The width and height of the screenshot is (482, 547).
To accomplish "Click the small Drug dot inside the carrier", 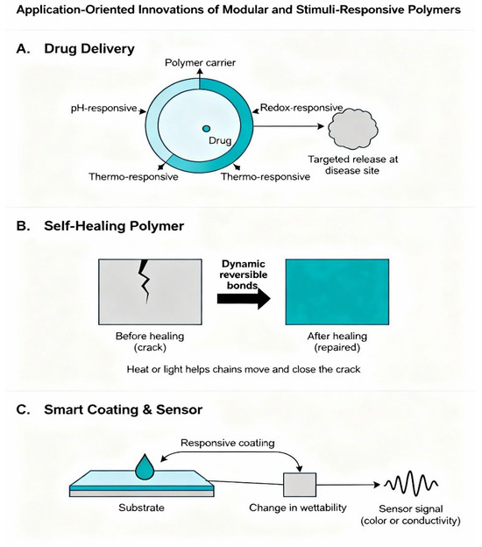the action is click(206, 129).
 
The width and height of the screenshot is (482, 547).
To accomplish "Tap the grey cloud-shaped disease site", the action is click(353, 129).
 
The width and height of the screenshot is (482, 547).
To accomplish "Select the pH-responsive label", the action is click(104, 109).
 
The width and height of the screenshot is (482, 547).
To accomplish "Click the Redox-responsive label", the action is click(301, 108).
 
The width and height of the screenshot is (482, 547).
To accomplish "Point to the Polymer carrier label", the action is click(200, 63).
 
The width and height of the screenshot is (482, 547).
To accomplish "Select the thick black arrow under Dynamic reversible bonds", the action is click(244, 299).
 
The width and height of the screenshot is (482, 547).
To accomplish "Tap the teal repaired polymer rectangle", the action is click(337, 292).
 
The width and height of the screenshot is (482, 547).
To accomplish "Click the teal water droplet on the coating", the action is click(145, 466).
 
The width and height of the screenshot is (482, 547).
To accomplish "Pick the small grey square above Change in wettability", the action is click(300, 485).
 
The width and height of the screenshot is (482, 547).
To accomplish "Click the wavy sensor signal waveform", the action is click(411, 483).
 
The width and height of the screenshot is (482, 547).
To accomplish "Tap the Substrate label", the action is click(141, 508).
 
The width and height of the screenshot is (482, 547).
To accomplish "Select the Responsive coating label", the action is click(227, 443).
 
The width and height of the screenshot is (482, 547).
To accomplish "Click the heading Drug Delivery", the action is click(89, 48).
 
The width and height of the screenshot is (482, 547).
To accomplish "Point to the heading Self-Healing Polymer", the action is click(114, 225).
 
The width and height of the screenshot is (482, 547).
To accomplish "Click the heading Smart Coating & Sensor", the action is click(123, 409).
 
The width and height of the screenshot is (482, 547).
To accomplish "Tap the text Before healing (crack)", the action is click(150, 342).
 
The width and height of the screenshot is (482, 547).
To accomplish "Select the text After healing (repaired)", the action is click(337, 342).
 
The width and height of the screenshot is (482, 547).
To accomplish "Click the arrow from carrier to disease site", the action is click(288, 126).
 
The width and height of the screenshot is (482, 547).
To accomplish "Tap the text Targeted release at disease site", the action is click(352, 165).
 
